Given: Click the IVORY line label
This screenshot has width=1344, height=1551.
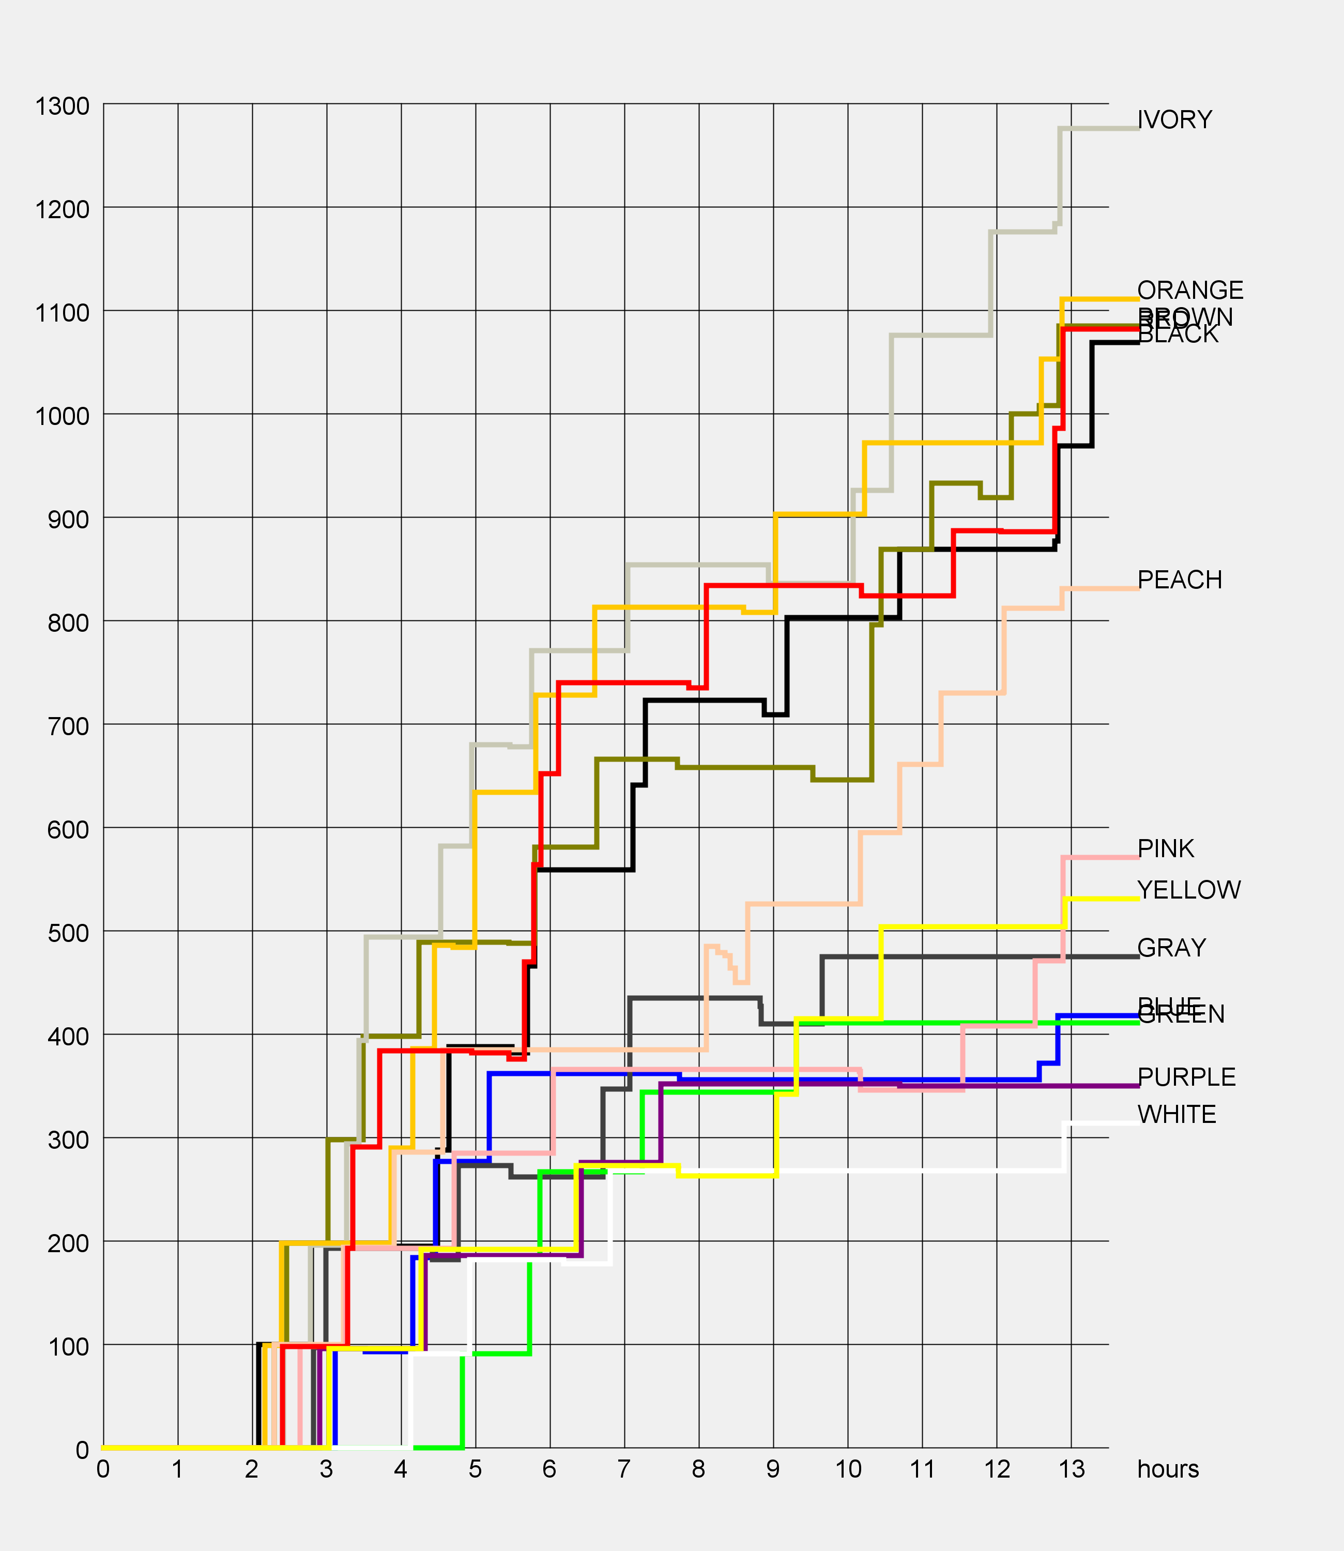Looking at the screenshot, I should coord(1174,120).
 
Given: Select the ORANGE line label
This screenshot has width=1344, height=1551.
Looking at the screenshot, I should coord(1190,290).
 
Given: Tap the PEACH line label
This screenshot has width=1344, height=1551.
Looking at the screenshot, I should coord(1180,580).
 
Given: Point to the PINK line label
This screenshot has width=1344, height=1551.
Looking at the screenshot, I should coord(1166,848).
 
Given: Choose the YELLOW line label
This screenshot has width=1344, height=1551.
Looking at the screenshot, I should coord(1189,890).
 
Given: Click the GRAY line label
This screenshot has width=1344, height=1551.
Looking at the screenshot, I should coord(1171,948).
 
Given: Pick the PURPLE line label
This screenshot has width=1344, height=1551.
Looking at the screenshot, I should coord(1186,1077).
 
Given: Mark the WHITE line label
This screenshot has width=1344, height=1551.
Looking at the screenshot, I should coord(1177,1115).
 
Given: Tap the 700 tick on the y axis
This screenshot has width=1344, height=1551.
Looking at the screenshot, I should coord(68,726).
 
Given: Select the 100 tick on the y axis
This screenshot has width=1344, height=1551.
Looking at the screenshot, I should coord(68,1346).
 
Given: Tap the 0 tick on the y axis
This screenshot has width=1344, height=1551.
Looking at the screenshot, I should coord(83,1450).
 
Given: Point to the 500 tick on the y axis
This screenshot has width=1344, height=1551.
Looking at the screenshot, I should coord(68,933).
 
